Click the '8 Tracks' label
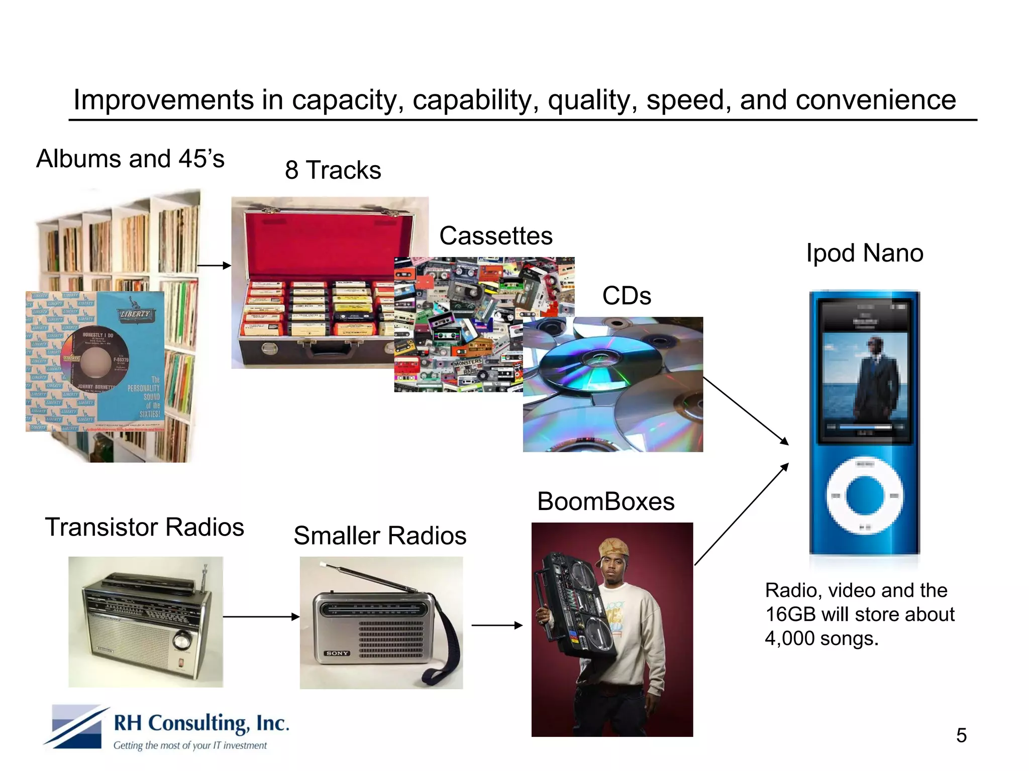(333, 170)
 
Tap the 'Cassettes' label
(495, 236)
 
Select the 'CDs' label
(627, 296)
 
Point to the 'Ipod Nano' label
(864, 253)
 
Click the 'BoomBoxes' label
(605, 501)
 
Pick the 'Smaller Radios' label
(380, 536)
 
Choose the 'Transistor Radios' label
(145, 527)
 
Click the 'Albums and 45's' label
(130, 159)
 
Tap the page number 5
(961, 736)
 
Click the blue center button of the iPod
(865, 496)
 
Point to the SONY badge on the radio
(337, 653)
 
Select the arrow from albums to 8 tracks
(214, 266)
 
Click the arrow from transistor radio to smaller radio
(261, 617)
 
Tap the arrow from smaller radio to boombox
(497, 625)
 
